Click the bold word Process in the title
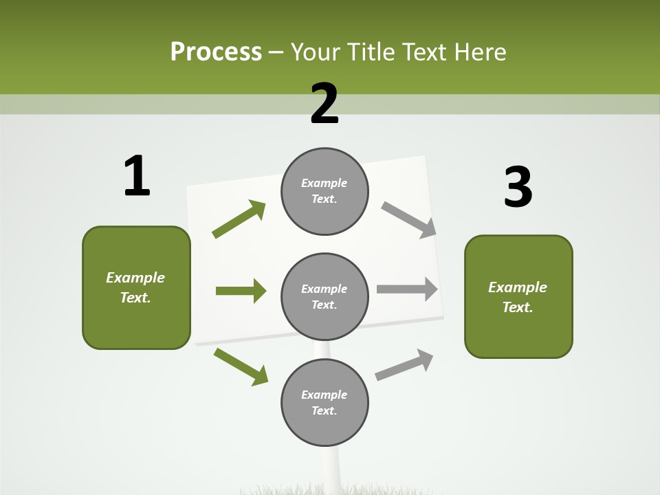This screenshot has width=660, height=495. pyautogui.click(x=216, y=52)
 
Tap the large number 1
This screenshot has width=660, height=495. pyautogui.click(x=137, y=176)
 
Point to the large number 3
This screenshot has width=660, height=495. pyautogui.click(x=518, y=187)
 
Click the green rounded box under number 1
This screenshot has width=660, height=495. pyautogui.click(x=136, y=287)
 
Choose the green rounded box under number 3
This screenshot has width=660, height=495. pyautogui.click(x=518, y=297)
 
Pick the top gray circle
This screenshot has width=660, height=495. pyautogui.click(x=324, y=191)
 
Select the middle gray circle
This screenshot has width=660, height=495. pyautogui.click(x=324, y=297)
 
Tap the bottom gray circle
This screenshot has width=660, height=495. pyautogui.click(x=324, y=403)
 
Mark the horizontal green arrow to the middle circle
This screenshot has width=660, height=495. pyautogui.click(x=241, y=291)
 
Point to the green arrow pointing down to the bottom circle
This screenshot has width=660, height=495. pyautogui.click(x=241, y=366)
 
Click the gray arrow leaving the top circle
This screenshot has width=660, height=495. pyautogui.click(x=409, y=220)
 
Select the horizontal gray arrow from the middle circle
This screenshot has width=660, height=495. pyautogui.click(x=407, y=289)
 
